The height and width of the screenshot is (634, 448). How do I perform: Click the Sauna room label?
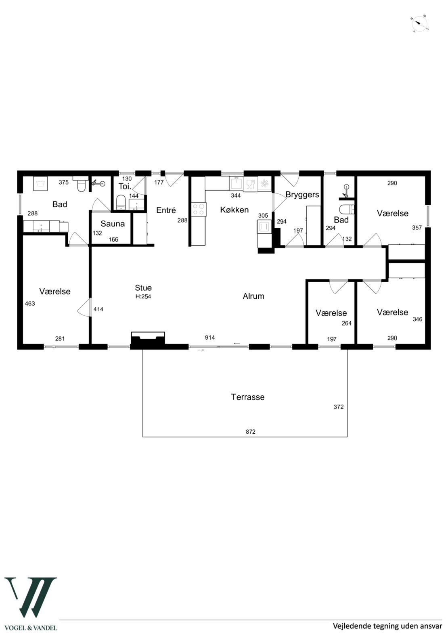tap(113, 224)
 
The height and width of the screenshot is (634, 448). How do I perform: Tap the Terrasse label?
tap(248, 397)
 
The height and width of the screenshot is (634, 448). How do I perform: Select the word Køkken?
tap(234, 210)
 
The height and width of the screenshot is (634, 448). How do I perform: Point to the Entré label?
tap(166, 210)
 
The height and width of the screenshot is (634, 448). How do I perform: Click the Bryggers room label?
tap(302, 195)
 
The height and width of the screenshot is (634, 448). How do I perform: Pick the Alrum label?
tap(253, 296)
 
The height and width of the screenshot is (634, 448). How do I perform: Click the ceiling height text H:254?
tap(143, 297)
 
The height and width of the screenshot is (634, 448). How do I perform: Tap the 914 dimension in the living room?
tap(210, 337)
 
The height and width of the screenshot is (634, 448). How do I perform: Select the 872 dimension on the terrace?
tap(251, 432)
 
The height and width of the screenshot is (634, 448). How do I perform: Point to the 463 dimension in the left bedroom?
tap(30, 304)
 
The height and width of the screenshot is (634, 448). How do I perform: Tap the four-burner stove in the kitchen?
tap(199, 210)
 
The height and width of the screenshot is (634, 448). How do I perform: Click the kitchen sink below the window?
tap(236, 183)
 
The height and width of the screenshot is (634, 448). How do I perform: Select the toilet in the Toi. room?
tap(121, 202)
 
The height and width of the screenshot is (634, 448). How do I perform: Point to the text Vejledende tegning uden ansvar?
tap(387, 626)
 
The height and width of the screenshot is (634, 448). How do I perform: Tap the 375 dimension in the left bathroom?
tap(64, 183)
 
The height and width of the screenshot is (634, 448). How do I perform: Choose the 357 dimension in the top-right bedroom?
tap(417, 228)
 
